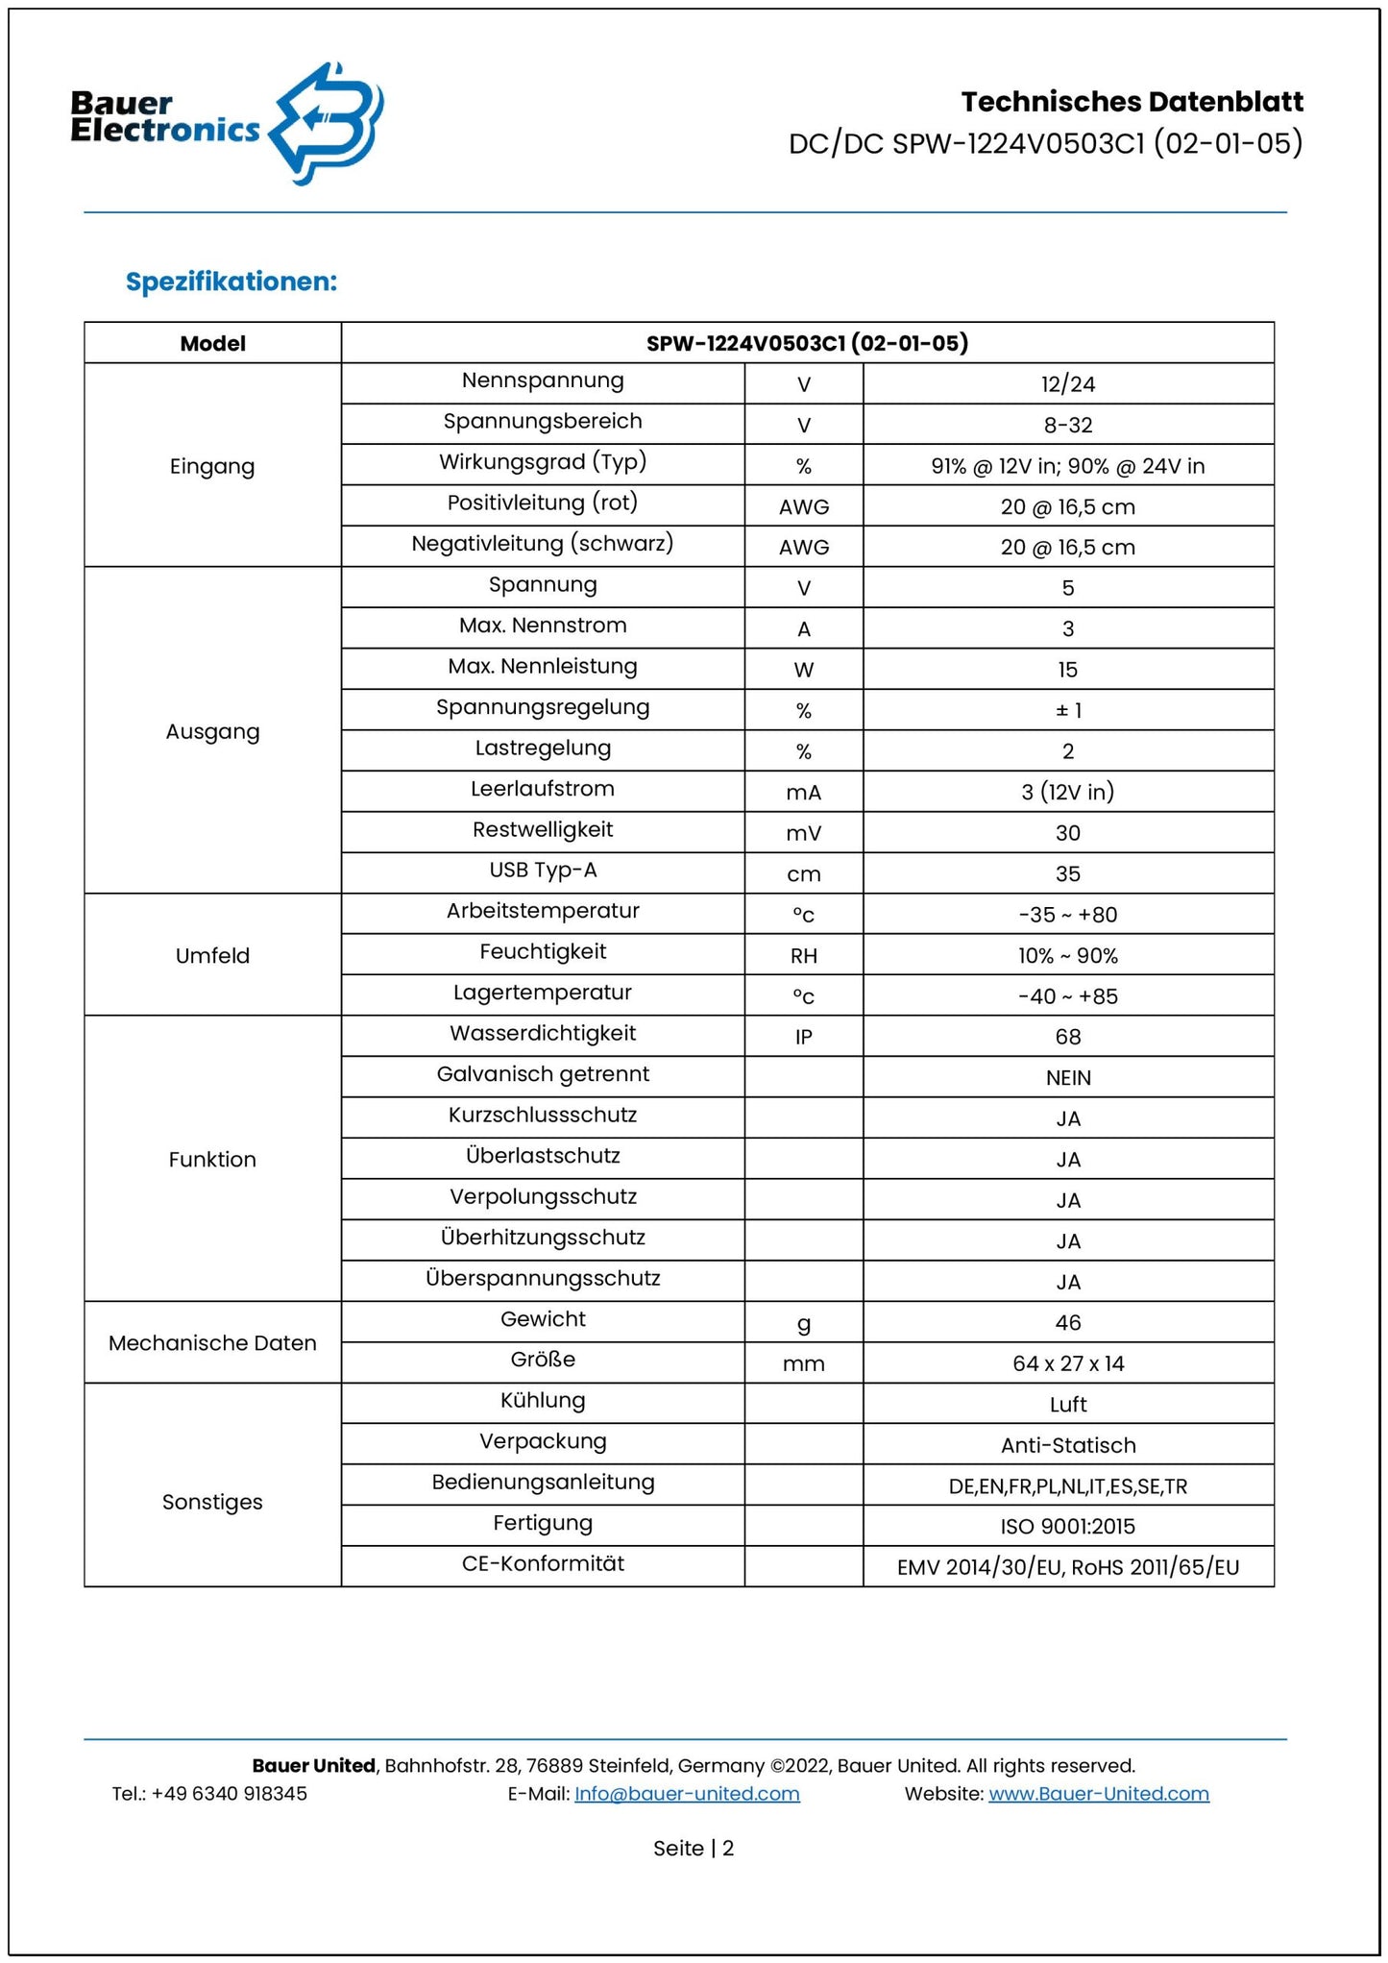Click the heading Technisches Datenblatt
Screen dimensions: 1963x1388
[x=1132, y=102]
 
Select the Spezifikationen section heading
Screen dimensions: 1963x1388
[x=231, y=282]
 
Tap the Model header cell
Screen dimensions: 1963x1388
[x=212, y=343]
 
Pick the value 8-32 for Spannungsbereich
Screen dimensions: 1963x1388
[x=1067, y=425]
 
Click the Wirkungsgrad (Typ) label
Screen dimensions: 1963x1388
[x=543, y=462]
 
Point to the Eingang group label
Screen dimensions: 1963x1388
[x=212, y=467]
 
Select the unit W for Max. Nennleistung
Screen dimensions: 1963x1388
[x=803, y=670]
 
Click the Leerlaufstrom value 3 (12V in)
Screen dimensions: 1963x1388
[x=1067, y=792]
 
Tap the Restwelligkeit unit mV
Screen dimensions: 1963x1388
[x=803, y=833]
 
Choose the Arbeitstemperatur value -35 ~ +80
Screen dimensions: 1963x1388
[x=1067, y=915]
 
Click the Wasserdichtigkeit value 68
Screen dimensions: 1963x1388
[x=1067, y=1037]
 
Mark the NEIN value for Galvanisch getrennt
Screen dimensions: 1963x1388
[x=1067, y=1078]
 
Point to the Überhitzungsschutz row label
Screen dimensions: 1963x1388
[x=543, y=1238]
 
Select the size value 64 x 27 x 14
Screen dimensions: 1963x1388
[x=1067, y=1363]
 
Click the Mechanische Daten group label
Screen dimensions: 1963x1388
[x=212, y=1343]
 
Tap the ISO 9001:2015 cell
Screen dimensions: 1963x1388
[x=1067, y=1527]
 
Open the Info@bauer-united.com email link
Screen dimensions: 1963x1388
[x=687, y=1794]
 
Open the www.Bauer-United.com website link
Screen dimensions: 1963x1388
[x=1098, y=1794]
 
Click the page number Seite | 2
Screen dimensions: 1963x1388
[x=694, y=1849]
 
